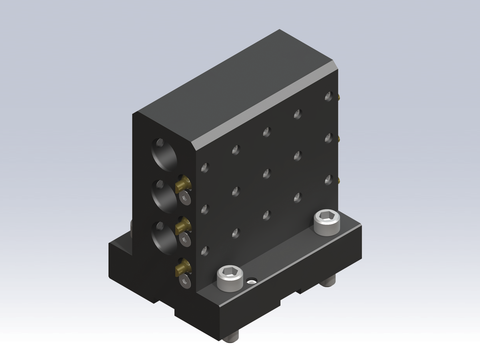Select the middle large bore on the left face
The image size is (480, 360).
coord(161,196)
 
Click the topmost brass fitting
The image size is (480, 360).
coord(182,184)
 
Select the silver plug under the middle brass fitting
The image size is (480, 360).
coord(185,240)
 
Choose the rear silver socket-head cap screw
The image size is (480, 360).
coord(325,220)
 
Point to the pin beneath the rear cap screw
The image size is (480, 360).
coord(328,286)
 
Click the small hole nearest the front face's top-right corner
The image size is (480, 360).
coord(326,94)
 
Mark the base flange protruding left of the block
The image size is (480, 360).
coord(120,260)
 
